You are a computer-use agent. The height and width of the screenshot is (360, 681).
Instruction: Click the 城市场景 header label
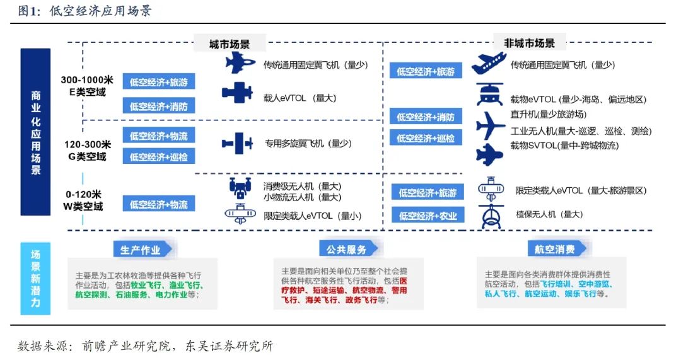coord(230,44)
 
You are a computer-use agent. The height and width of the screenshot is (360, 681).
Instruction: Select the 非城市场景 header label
coord(529,44)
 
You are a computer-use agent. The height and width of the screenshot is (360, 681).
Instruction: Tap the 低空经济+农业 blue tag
coord(428,215)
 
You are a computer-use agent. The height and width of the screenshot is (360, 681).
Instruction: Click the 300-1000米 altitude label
coord(87,80)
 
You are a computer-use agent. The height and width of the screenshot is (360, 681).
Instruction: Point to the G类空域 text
coord(87,156)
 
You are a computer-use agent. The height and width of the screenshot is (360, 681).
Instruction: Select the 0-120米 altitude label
coord(83,194)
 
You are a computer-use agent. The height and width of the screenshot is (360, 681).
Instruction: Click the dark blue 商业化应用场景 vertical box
coord(35,132)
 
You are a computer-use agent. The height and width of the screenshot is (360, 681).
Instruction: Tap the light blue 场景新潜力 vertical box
coord(35,279)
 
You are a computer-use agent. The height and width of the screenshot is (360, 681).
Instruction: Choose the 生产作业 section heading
coord(140,250)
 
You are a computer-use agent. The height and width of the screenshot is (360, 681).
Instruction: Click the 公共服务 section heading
coord(347,250)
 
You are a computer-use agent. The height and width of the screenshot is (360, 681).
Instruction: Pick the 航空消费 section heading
coord(555,249)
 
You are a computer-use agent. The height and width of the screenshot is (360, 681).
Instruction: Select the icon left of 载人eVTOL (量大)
coord(237,93)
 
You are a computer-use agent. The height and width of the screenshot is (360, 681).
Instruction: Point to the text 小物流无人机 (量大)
coord(302,197)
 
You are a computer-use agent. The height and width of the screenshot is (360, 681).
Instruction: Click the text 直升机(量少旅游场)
coord(548,114)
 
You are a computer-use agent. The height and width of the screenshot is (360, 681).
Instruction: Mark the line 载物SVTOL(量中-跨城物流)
coord(564,146)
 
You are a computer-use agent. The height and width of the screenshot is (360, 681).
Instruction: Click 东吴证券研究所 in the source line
coord(230,345)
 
